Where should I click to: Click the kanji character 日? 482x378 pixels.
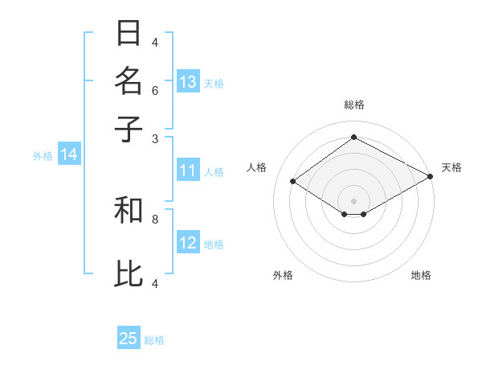tap(129, 34)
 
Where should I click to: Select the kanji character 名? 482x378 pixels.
tap(129, 81)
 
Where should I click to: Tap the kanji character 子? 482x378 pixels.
tap(129, 128)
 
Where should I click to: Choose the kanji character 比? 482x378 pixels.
tap(129, 273)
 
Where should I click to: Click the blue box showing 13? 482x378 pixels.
tap(188, 82)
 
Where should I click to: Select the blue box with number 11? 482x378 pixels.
tap(188, 171)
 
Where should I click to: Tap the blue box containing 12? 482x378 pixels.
tap(188, 243)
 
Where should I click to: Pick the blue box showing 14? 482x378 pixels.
tap(69, 155)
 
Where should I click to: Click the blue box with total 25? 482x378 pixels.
tap(129, 339)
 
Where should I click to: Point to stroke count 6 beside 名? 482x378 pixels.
tap(155, 90)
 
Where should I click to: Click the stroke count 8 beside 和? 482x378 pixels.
tap(155, 218)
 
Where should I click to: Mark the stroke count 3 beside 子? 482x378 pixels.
tap(155, 138)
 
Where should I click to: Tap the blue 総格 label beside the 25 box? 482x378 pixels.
tap(154, 340)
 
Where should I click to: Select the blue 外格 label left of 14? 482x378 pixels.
tap(43, 156)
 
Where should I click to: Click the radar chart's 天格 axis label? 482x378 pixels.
tap(451, 167)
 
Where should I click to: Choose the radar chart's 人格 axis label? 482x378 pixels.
tap(257, 167)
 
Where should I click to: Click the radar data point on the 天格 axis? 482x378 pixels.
tap(431, 177)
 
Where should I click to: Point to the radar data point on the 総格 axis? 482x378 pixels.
tap(353, 138)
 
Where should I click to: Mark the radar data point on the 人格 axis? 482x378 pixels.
tap(293, 182)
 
